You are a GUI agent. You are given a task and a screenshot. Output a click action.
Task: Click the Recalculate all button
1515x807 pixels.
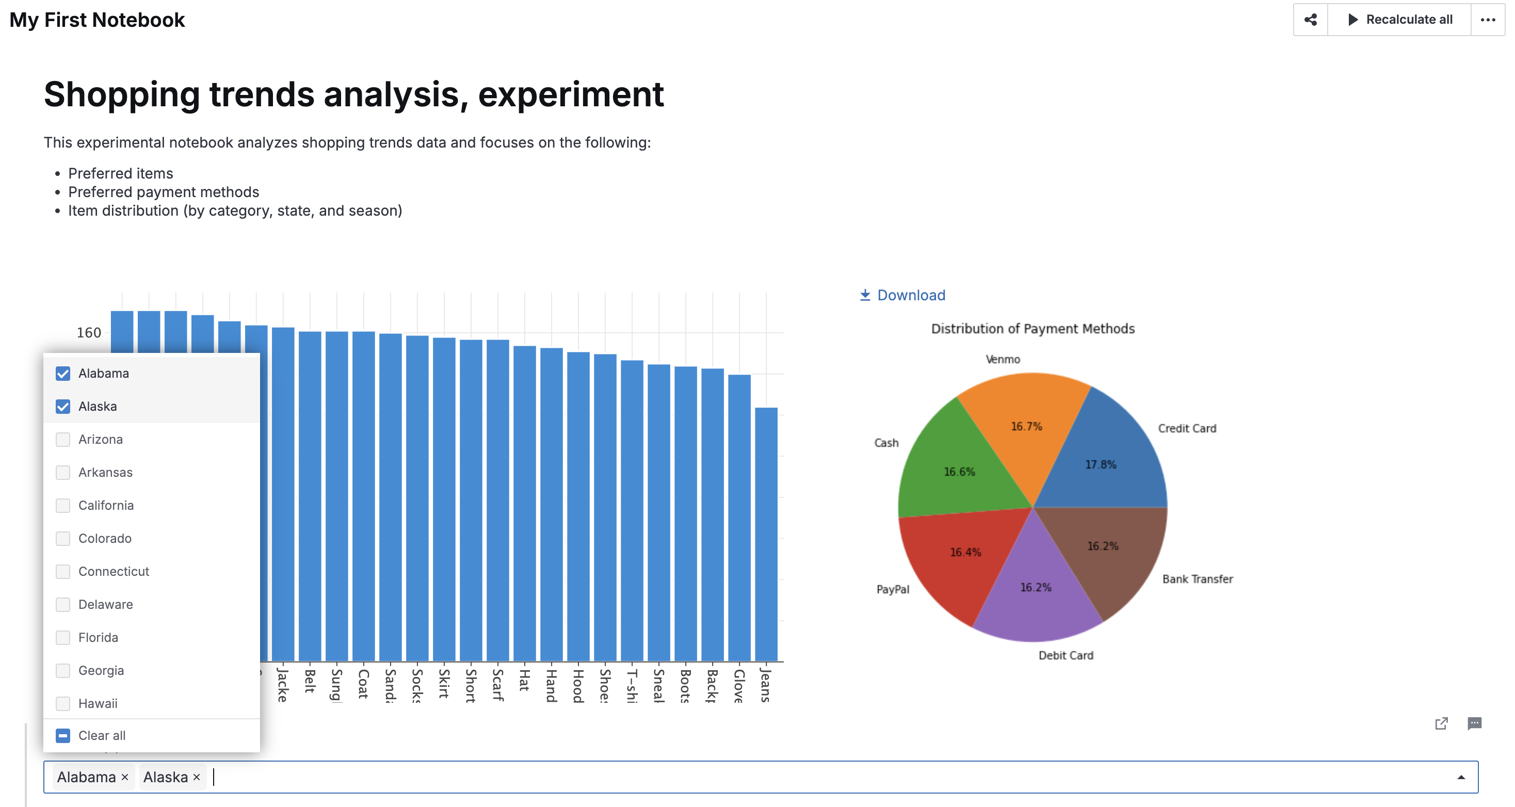point(1400,20)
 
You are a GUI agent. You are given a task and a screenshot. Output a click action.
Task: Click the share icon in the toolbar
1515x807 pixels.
point(1310,20)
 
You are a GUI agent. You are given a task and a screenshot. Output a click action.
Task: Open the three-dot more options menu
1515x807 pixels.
point(1488,20)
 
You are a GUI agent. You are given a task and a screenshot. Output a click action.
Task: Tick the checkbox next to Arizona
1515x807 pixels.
point(63,440)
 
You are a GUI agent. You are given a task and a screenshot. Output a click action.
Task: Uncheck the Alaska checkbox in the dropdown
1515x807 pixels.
point(63,407)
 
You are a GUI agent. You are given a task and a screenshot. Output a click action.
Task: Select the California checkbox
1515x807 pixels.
point(63,505)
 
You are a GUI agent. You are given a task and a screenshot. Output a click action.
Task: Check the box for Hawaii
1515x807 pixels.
point(63,703)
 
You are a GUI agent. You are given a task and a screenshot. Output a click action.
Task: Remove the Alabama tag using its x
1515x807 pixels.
point(125,777)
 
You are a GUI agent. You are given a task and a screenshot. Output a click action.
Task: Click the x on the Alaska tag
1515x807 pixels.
point(197,777)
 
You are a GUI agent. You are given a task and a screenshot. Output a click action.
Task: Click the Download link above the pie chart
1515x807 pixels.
point(903,295)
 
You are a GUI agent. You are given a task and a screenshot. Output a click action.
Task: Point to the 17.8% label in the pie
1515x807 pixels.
point(1100,465)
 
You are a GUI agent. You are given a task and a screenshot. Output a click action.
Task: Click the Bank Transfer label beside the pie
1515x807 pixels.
point(1198,579)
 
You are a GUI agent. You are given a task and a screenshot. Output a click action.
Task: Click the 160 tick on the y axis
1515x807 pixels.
point(89,333)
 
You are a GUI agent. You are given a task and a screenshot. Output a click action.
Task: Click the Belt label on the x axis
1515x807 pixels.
point(310,681)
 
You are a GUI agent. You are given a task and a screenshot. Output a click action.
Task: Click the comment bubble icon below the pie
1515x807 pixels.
point(1474,723)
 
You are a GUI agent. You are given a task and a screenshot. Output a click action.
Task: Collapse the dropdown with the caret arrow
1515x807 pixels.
point(1461,777)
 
